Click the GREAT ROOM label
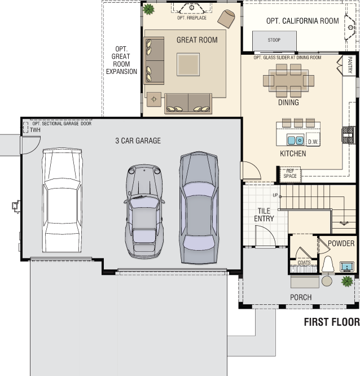(x=197, y=40)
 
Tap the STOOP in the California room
(x=274, y=41)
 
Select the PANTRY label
(x=350, y=65)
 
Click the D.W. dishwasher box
(x=313, y=139)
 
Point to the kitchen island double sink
(x=295, y=140)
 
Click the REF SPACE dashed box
(x=290, y=174)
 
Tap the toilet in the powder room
(x=328, y=264)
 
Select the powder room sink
(x=347, y=266)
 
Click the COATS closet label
(x=304, y=263)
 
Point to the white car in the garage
(x=62, y=200)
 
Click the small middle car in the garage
(x=144, y=211)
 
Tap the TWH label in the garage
(x=35, y=130)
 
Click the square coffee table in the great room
(x=188, y=64)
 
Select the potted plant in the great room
(x=148, y=9)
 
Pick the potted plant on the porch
(x=347, y=281)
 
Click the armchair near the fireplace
(x=226, y=19)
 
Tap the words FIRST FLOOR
(x=332, y=322)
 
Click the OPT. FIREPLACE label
(x=192, y=18)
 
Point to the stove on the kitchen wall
(x=348, y=135)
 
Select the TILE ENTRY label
(x=264, y=215)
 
